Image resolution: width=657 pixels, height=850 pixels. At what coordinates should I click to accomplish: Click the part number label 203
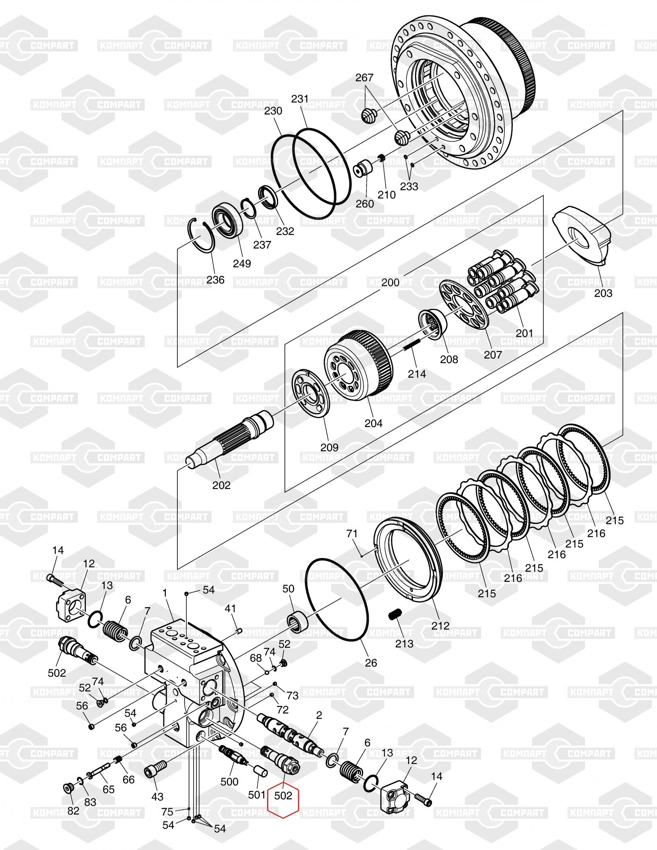pos(603,293)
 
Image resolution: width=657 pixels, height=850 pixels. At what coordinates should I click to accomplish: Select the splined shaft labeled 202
pos(230,440)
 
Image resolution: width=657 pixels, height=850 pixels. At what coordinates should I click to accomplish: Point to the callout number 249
pos(242,263)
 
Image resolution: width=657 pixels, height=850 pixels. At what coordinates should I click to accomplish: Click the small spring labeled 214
pos(411,348)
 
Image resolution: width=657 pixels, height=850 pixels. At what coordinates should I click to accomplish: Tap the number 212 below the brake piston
pos(440,626)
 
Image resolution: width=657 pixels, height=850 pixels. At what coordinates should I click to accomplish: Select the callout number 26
pos(371,663)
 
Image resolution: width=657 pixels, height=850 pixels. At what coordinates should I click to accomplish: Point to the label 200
pos(390,282)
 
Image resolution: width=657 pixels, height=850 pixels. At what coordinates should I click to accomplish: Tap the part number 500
pos(230,782)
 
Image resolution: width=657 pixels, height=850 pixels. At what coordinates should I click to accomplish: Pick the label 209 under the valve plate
pos(329,447)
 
